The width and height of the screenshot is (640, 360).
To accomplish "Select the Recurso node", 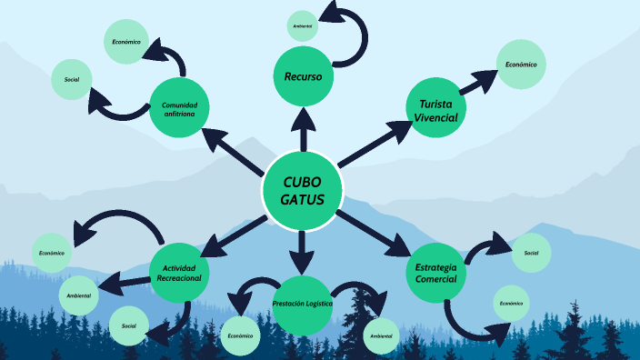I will (303, 76).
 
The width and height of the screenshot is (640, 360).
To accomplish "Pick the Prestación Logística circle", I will (302, 304).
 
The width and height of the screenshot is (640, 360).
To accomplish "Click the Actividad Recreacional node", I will (180, 272).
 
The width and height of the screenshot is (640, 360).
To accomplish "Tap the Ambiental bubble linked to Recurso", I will (303, 26).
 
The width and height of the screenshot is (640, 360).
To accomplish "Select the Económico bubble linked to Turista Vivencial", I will (521, 65).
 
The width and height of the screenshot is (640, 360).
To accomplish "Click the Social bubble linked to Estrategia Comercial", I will (532, 252).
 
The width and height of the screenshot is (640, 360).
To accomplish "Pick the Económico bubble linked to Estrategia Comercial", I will (511, 303).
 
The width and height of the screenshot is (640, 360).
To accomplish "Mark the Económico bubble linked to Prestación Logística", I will (241, 335).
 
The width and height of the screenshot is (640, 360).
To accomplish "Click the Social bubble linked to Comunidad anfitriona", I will (72, 80).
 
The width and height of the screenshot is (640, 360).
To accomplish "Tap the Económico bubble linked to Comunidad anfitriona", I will (125, 43).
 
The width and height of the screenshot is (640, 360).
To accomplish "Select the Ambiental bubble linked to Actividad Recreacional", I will (80, 295).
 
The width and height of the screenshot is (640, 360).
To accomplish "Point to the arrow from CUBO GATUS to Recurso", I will (303, 126).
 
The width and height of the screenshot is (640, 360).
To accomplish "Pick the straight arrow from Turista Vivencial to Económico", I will (475, 84).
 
